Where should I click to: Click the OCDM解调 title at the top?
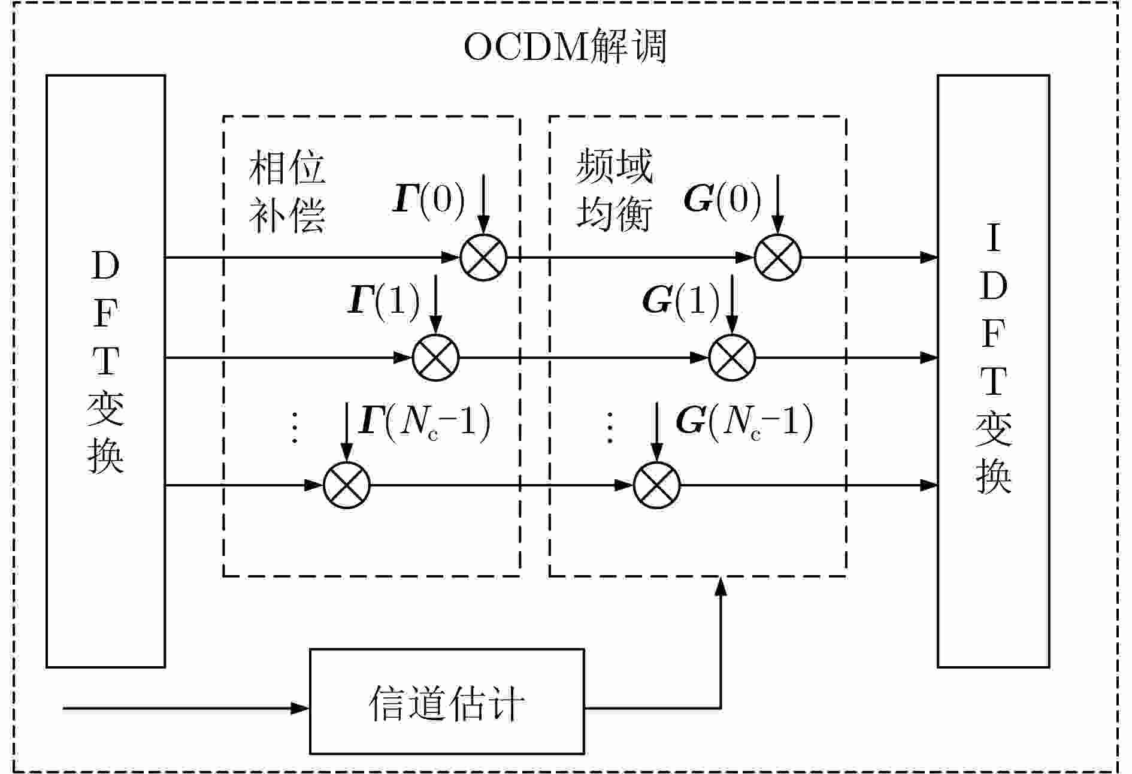[x=565, y=47]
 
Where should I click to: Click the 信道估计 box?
[x=447, y=701]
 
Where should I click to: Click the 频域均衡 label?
[x=614, y=191]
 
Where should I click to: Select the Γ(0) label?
[x=429, y=199]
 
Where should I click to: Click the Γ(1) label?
[x=383, y=300]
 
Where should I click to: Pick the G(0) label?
[x=722, y=199]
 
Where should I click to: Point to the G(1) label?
[x=680, y=300]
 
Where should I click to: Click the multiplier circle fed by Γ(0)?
[x=483, y=258]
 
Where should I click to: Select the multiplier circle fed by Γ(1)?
[x=436, y=358]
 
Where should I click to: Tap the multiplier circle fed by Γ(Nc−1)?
[x=347, y=485]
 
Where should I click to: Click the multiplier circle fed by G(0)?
[x=777, y=258]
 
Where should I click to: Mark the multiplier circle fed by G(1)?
[x=732, y=358]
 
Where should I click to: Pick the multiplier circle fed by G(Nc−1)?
[x=657, y=485]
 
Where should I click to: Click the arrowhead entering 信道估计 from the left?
[x=300, y=708]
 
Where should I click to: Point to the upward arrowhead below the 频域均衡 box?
[x=721, y=588]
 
